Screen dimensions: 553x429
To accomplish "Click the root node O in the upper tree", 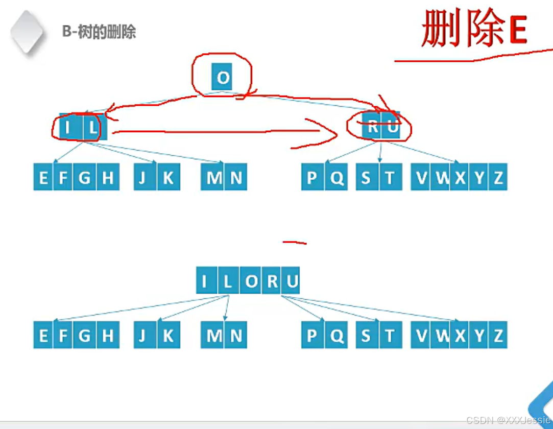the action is click(x=222, y=78).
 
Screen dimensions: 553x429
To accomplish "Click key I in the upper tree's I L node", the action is click(x=67, y=126).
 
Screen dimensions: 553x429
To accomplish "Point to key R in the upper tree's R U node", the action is click(x=373, y=126).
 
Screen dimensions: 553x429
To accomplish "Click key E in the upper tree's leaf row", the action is click(x=43, y=177).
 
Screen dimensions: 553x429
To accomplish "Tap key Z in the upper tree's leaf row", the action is click(x=498, y=177).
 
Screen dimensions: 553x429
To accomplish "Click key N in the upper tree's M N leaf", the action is click(x=236, y=177).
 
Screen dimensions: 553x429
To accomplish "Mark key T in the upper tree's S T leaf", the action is click(x=390, y=177).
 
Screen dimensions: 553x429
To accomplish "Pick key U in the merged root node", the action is click(x=292, y=281).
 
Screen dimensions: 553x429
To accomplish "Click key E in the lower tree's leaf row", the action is click(x=43, y=335).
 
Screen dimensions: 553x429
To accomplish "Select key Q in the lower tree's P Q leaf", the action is click(x=336, y=335).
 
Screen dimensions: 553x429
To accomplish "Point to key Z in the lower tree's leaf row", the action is click(x=498, y=335).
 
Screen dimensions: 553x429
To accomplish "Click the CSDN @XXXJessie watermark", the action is click(x=508, y=420).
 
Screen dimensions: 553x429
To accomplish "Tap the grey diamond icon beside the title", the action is click(x=27, y=32).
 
